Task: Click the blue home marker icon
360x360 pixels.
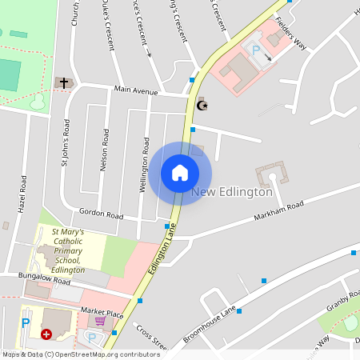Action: pos(180,173)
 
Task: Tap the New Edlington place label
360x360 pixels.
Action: pos(232,192)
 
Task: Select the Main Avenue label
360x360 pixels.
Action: pos(135,90)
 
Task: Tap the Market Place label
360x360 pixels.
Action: pos(101,310)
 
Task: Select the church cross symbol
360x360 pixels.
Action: pos(62,82)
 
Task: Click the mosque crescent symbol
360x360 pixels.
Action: pos(202,105)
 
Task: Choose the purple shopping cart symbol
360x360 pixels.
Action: pos(99,322)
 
